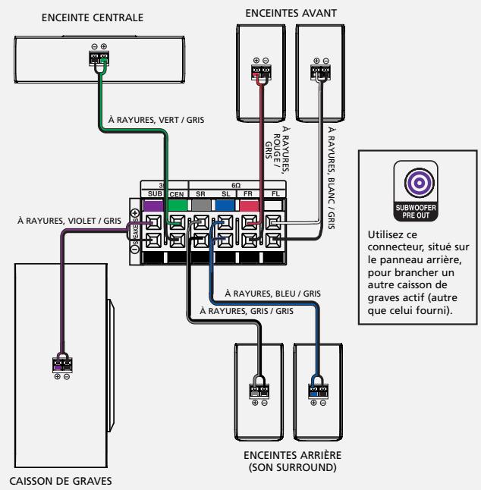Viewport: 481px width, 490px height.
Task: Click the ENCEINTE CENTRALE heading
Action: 93,17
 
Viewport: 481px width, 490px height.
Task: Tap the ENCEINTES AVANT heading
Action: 291,13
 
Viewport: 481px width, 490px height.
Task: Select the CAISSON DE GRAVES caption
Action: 61,481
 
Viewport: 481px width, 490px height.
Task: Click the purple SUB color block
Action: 153,206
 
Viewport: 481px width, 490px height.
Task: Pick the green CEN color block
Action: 178,206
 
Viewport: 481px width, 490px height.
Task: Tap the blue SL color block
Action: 225,206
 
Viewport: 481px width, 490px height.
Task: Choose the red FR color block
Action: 249,206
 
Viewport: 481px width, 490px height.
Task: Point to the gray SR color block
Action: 201,206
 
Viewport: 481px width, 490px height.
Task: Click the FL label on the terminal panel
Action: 275,193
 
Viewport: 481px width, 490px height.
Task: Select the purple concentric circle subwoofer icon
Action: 419,183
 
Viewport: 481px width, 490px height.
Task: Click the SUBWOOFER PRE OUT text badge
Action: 416,212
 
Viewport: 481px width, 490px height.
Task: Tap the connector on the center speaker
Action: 99,58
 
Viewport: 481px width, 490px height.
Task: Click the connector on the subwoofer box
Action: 62,365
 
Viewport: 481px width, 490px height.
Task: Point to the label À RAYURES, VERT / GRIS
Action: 156,120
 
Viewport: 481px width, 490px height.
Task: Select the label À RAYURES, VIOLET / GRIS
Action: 69,221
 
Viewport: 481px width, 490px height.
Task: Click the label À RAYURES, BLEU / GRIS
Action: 272,294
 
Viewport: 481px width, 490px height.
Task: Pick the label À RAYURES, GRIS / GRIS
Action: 247,311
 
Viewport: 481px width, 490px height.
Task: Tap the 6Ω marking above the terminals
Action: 236,185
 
